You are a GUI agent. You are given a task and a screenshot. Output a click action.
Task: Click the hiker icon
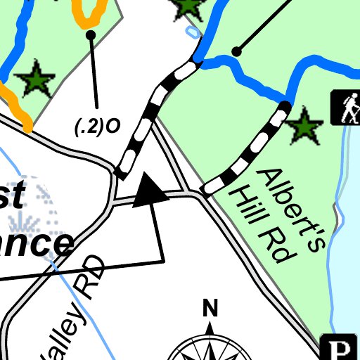[x=346, y=108]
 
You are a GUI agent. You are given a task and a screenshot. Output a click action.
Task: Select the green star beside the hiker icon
[x=304, y=127]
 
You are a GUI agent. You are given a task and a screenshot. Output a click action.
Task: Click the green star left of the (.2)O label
[x=35, y=80]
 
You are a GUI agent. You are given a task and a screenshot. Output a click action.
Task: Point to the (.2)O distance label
[x=97, y=127]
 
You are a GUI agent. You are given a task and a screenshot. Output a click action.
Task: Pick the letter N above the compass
[x=210, y=308]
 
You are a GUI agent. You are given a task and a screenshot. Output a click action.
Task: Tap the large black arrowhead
[x=149, y=191]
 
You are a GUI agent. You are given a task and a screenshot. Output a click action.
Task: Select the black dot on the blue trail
[x=237, y=51]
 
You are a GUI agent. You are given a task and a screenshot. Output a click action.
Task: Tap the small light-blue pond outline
[x=191, y=32]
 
